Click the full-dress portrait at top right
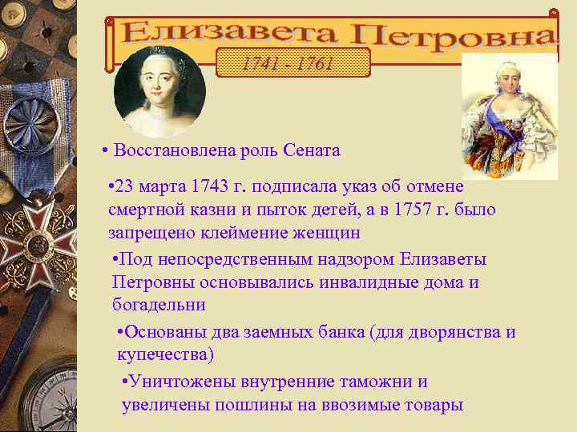[x=510, y=116]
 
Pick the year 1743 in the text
[x=210, y=188]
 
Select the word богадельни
[x=159, y=305]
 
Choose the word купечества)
[x=165, y=354]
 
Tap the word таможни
[x=381, y=382]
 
